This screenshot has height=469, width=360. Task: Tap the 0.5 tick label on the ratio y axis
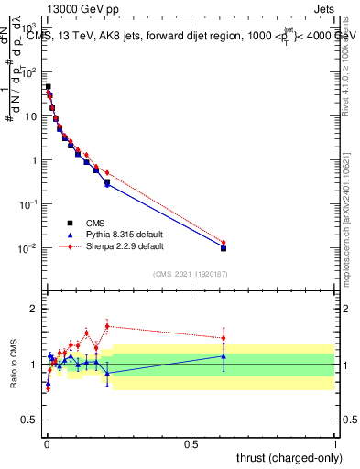33,420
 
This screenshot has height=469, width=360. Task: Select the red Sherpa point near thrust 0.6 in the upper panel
224,243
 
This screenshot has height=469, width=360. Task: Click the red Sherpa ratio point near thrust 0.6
224,338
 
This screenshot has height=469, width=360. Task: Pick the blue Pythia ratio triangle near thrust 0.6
224,355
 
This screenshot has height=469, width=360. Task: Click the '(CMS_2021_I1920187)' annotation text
191,274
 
